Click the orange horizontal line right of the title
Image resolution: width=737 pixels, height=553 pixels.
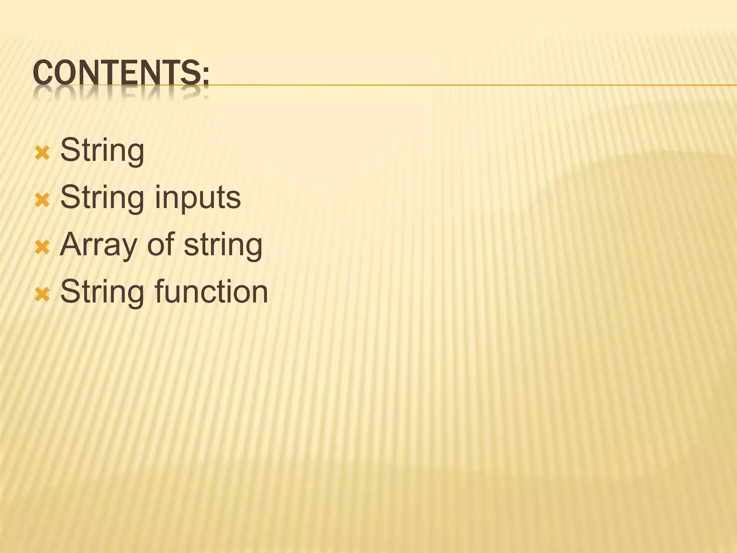[x=468, y=85]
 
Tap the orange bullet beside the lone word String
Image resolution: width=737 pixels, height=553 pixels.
[x=42, y=153]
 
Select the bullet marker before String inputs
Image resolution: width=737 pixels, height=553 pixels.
[x=42, y=200]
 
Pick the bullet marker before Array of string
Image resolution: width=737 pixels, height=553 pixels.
[x=42, y=247]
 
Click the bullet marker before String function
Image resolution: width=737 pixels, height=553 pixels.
[x=42, y=295]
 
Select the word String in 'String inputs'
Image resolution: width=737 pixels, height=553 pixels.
[x=102, y=198]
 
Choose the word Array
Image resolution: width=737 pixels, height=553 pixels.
[x=98, y=245]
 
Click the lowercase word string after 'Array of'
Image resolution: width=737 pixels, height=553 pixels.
[x=223, y=245]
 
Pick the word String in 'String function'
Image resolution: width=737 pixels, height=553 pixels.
[x=102, y=292]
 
